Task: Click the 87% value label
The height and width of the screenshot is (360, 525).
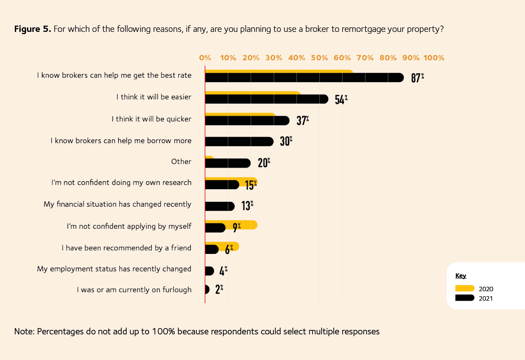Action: [417, 78]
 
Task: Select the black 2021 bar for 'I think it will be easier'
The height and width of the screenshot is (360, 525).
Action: [266, 99]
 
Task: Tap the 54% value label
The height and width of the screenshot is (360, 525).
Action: [341, 99]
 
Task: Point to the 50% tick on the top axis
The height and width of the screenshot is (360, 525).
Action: [319, 58]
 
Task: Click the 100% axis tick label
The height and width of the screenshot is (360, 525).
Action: [434, 58]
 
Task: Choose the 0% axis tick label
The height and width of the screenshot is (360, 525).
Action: [205, 58]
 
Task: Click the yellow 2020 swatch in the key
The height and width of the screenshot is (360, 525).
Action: [464, 289]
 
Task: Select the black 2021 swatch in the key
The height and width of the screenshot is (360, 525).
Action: [464, 298]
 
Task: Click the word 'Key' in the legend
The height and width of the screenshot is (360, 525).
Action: [461, 276]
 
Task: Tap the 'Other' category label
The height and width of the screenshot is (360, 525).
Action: [181, 162]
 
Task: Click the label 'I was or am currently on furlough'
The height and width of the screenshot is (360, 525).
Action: [134, 290]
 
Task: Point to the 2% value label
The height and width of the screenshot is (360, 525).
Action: [219, 290]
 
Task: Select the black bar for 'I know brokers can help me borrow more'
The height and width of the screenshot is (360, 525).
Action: [239, 142]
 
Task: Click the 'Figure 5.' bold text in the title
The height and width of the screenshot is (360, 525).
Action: [33, 30]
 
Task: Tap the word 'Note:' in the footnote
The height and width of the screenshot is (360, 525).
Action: [25, 332]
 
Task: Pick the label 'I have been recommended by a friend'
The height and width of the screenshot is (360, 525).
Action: [126, 248]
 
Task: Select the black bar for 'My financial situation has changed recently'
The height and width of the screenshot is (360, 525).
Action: [220, 206]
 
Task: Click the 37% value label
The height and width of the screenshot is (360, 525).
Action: [302, 120]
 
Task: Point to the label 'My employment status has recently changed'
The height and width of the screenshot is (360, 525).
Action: [114, 269]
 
